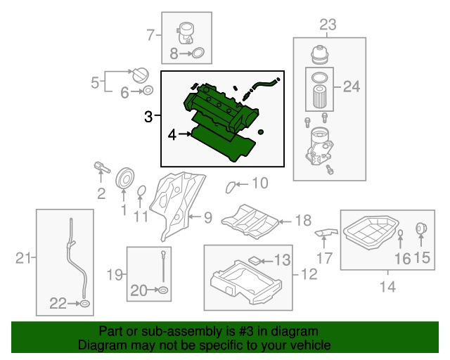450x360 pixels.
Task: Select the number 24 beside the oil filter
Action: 350,87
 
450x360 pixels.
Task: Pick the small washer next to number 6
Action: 149,91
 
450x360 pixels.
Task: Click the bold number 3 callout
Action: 148,117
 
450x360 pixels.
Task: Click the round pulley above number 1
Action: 124,179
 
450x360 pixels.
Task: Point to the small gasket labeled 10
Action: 231,186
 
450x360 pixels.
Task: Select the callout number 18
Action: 302,221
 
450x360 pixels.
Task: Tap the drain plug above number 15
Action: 422,229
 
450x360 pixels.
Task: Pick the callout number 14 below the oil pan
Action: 387,286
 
